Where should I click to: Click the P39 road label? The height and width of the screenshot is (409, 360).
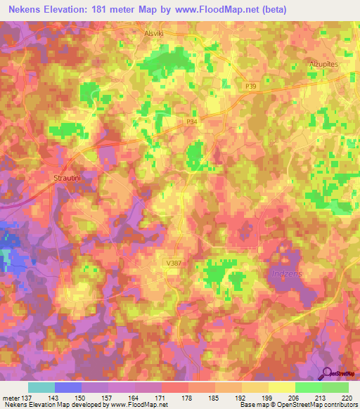point(251,84)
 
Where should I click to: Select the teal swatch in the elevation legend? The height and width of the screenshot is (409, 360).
point(41,387)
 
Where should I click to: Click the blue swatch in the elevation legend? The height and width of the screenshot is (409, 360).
point(68,387)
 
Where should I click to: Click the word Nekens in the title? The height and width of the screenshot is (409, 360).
point(22,8)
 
